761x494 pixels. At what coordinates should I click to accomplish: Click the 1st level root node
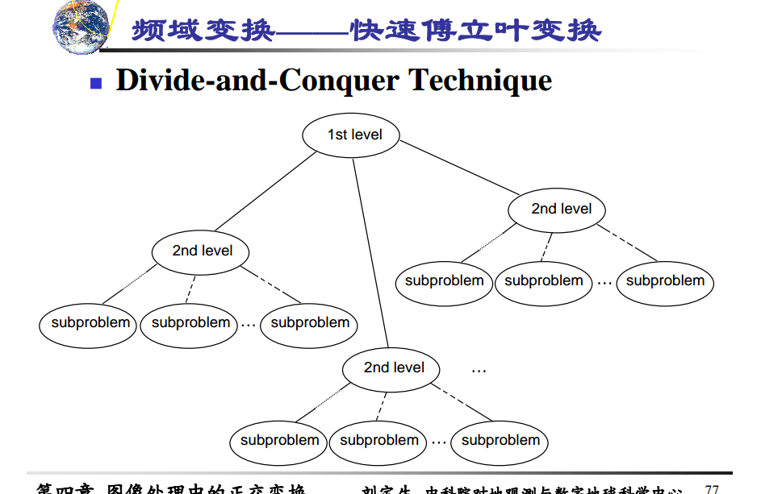353,135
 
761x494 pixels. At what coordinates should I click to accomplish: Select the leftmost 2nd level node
201,251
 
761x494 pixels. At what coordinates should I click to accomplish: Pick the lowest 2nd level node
393,367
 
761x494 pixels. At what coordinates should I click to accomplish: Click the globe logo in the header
81,26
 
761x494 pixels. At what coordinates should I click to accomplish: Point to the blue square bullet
96,82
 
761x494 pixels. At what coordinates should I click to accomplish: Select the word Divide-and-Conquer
257,81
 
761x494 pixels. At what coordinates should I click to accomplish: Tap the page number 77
711,488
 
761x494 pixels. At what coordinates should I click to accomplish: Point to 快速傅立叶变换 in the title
476,31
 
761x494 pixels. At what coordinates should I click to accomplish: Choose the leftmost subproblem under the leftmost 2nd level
90,323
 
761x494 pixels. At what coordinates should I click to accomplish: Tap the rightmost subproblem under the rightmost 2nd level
665,281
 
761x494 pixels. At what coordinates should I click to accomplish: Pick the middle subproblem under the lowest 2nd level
378,441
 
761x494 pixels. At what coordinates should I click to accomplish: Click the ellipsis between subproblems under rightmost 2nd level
604,283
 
